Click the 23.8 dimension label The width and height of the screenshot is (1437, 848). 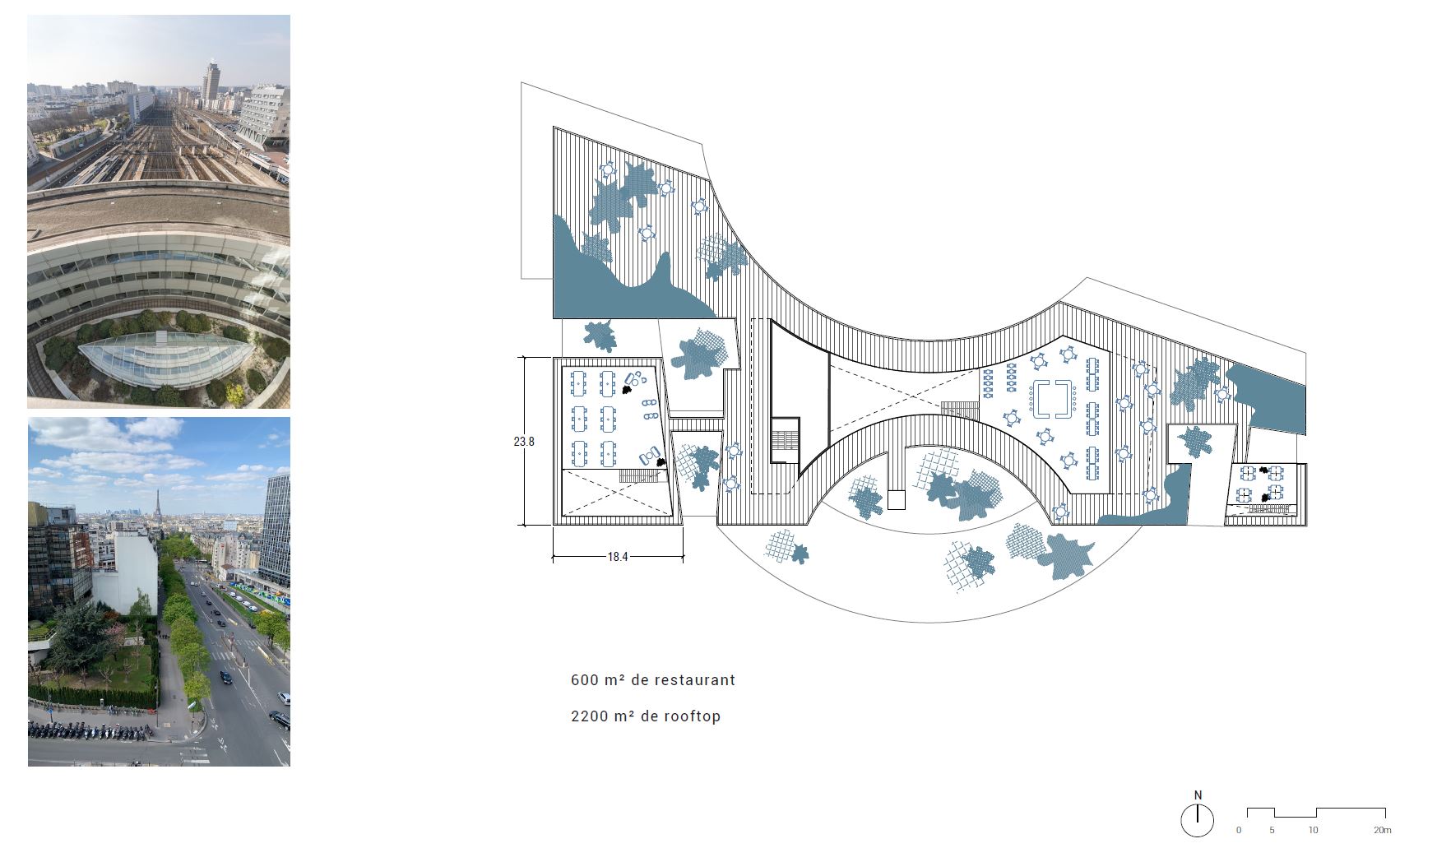[524, 442]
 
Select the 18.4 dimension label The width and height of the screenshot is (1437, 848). [618, 557]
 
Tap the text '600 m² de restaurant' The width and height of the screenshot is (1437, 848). [653, 680]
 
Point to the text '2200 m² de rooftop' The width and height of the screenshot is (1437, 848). [646, 716]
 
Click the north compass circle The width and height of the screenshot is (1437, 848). [1198, 820]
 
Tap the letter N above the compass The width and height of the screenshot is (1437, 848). [1198, 795]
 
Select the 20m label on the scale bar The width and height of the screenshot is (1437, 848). [1383, 831]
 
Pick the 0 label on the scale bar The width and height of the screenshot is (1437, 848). [1239, 831]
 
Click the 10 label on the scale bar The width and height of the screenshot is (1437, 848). [1314, 831]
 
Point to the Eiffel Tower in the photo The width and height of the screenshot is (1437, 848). [156, 505]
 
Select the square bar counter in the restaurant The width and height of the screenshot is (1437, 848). [1052, 400]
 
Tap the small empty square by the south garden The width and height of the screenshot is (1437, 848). [897, 499]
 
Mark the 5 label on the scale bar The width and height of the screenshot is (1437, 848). [1272, 831]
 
